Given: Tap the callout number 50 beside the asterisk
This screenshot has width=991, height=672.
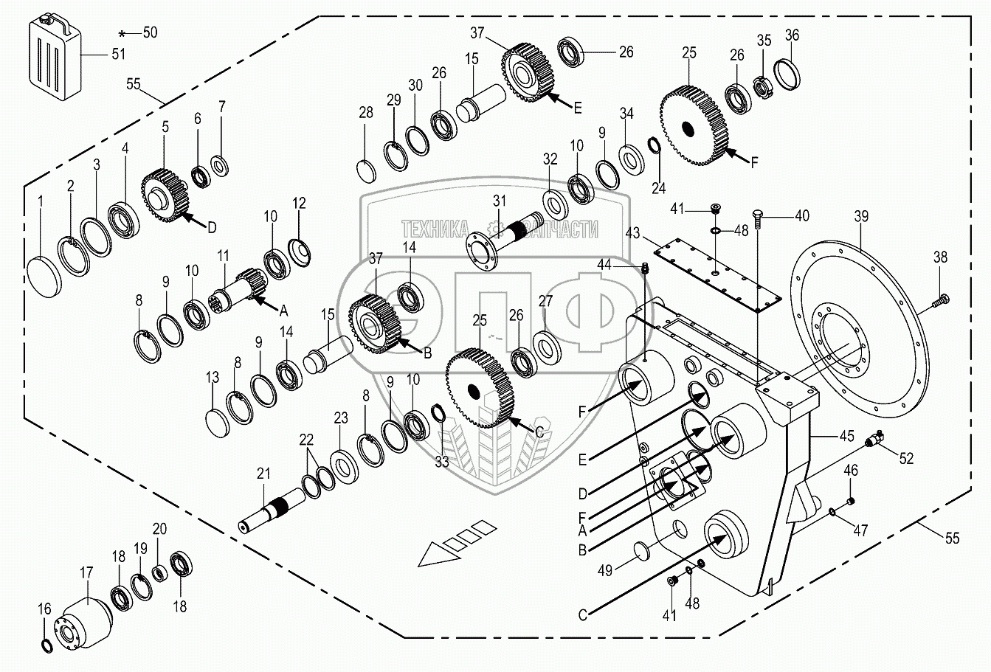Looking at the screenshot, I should click(x=150, y=32).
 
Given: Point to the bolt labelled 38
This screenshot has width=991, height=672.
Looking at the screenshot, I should click(x=942, y=299).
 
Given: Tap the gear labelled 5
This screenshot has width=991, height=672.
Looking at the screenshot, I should click(x=165, y=193).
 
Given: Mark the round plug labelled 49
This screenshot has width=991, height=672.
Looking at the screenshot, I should click(x=643, y=550).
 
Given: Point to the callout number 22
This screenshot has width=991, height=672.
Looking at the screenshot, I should click(x=305, y=440).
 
